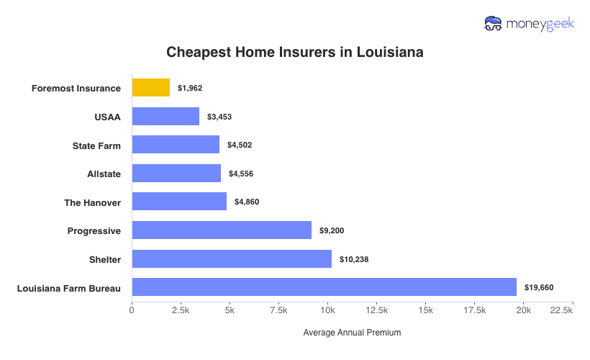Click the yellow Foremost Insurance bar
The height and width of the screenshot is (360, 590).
[x=151, y=88]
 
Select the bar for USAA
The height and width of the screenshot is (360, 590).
[x=165, y=116]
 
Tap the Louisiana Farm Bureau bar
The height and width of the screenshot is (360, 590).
[x=324, y=287]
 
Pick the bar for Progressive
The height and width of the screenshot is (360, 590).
[x=222, y=230]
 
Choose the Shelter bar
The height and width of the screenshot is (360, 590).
[x=232, y=258]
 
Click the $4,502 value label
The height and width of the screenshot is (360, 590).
[x=240, y=145]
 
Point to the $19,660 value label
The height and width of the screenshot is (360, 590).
[x=539, y=287]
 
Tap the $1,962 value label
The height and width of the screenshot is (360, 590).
[x=190, y=88]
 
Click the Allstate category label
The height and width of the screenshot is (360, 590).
[x=104, y=174]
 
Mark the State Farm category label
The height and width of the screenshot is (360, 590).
[x=96, y=145]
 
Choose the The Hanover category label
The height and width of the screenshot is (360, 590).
[x=92, y=202]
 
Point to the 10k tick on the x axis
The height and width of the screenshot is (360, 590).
[x=327, y=310]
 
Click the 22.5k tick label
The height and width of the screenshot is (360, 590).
[x=561, y=310]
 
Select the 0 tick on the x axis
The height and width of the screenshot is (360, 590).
[x=132, y=310]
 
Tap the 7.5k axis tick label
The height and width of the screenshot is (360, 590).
[x=278, y=310]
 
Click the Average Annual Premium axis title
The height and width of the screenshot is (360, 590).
[x=352, y=333]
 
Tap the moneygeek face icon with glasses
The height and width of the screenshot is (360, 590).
[x=493, y=24]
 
